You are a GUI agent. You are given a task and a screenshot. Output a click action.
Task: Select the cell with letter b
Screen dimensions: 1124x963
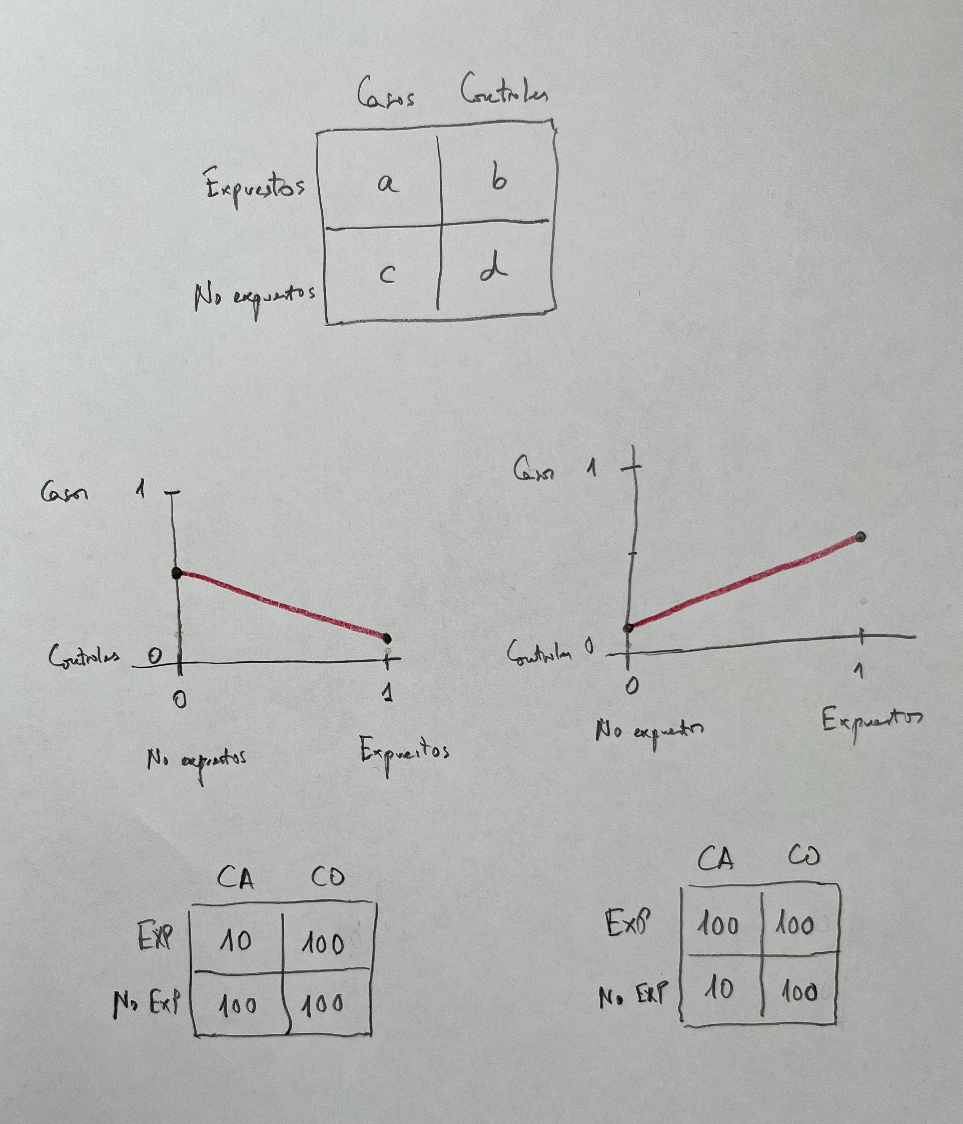pyautogui.click(x=498, y=179)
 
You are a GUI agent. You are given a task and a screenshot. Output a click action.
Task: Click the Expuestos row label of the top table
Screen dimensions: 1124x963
pyautogui.click(x=255, y=187)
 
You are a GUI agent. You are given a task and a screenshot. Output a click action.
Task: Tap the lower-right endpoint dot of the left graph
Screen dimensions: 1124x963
pyautogui.click(x=387, y=638)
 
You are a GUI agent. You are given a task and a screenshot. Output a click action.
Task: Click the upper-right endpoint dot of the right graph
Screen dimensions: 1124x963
pyautogui.click(x=861, y=537)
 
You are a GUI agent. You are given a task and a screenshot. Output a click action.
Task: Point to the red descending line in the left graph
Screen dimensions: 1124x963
pyautogui.click(x=282, y=605)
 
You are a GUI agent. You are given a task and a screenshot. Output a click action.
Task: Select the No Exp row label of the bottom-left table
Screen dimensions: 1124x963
pyautogui.click(x=147, y=1004)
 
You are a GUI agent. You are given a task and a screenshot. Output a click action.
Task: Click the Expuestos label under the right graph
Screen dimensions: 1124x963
pyautogui.click(x=872, y=722)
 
